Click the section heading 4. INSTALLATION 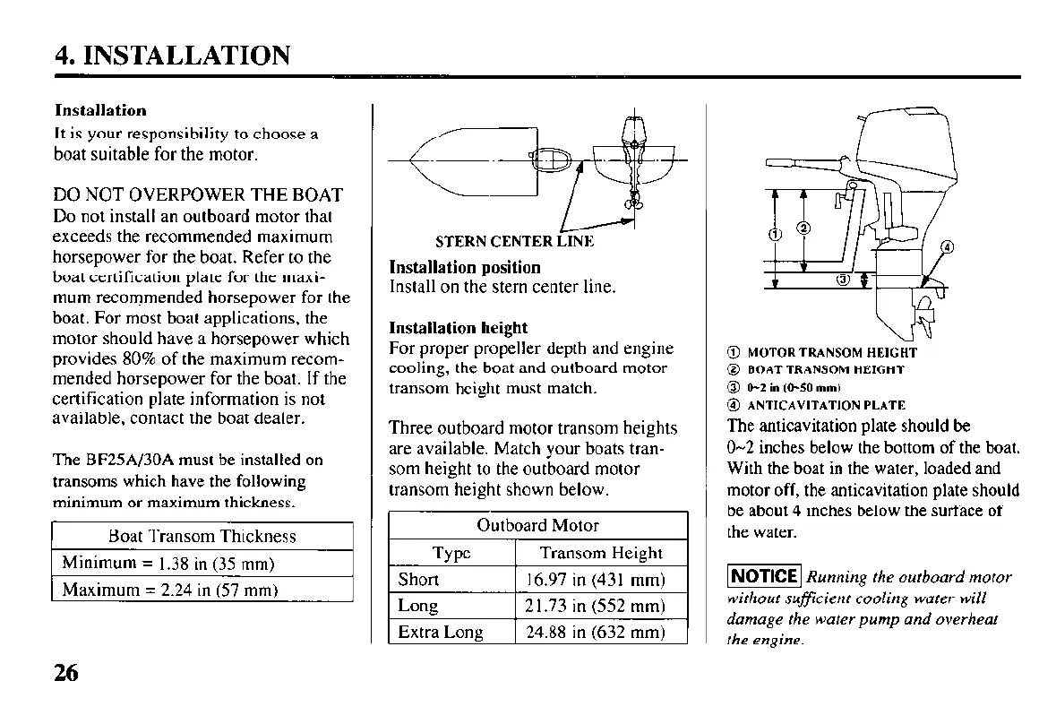click(173, 56)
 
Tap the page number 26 click(66, 672)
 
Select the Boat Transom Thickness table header click(202, 536)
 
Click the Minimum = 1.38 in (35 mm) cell click(167, 564)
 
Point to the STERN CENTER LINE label click(513, 242)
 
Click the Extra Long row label click(441, 632)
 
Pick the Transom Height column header click(600, 553)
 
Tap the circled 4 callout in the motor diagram click(949, 247)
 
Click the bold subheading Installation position click(465, 267)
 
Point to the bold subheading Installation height click(459, 328)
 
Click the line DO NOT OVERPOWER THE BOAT click(198, 194)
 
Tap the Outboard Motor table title click(537, 525)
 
